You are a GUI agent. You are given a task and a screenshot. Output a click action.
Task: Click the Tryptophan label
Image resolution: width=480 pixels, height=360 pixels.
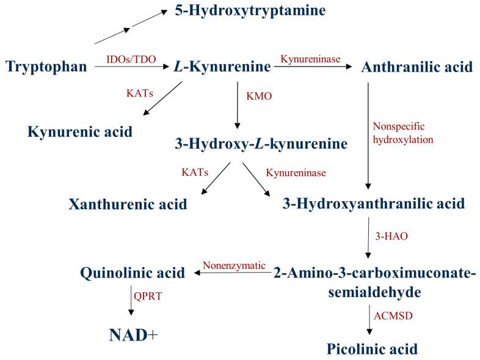46,66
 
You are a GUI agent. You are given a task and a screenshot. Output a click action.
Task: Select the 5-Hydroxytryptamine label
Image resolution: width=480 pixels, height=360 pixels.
250,10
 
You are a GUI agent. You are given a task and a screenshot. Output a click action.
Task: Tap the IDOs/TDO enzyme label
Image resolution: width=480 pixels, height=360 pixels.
131,59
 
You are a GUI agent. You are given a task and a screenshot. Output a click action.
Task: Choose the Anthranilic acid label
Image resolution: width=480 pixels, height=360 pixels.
416,67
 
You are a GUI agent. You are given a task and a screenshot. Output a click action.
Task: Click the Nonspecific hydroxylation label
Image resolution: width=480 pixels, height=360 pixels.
402,133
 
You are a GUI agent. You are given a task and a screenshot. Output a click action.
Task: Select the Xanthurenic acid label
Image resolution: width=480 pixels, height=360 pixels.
128,204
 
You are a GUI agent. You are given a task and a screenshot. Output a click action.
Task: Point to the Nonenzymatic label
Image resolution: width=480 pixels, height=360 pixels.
234,265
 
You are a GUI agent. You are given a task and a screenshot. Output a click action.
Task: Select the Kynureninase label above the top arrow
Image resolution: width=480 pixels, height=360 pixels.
310,59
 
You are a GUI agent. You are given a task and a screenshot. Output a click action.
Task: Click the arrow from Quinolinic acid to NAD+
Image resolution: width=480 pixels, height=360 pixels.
131,301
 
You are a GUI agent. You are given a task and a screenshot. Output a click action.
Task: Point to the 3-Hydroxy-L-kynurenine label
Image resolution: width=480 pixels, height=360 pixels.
261,144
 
